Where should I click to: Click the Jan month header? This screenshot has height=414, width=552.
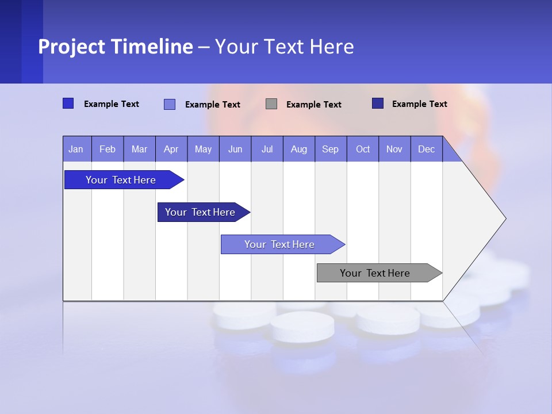(x=76, y=149)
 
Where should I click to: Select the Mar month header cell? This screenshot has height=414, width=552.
(x=139, y=149)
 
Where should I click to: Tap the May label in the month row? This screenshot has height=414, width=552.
(x=203, y=149)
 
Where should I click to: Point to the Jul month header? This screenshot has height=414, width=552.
(x=267, y=149)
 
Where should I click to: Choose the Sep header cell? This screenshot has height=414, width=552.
(x=330, y=149)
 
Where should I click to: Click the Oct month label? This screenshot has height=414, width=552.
(x=363, y=149)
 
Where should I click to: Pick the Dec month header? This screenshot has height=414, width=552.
(x=426, y=149)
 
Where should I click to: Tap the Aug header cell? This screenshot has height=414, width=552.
(x=298, y=149)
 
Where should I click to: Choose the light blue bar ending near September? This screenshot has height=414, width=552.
(x=280, y=244)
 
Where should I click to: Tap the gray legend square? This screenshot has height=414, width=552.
(x=271, y=104)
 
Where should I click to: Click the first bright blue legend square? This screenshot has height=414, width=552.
(x=68, y=103)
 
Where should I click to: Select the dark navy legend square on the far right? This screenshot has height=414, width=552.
(x=378, y=103)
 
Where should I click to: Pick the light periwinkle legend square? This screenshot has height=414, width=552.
(x=170, y=104)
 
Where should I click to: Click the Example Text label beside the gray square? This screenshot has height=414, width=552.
(x=313, y=105)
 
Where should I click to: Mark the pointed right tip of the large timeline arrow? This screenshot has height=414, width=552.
(x=505, y=218)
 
